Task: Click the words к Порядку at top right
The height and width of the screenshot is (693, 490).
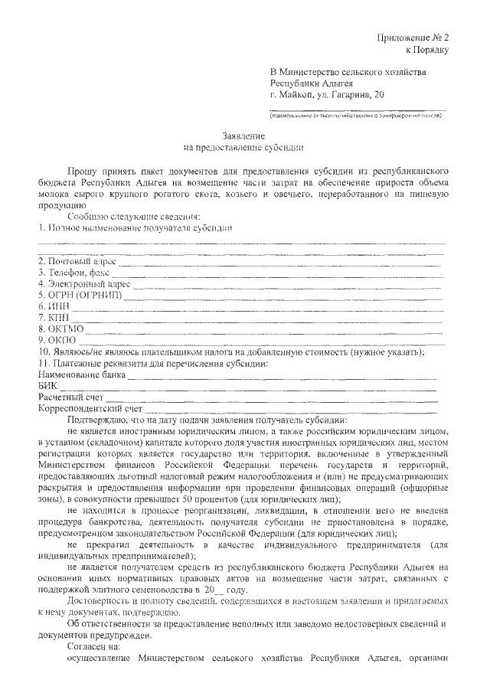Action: coord(428,50)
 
